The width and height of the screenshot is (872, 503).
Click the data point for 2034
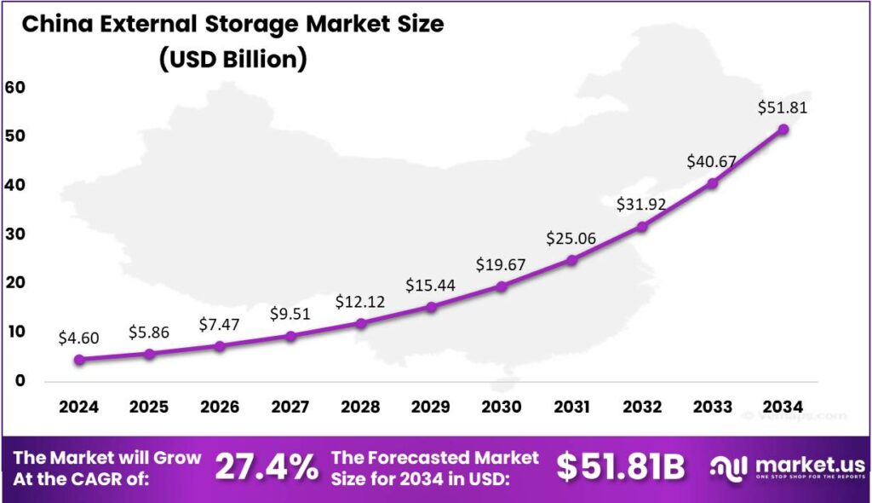(783, 129)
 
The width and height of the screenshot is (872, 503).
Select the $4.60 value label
(78, 338)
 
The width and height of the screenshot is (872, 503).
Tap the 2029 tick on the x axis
(431, 407)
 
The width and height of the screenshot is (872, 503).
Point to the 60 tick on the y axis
(15, 87)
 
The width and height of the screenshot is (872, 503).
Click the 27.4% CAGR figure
(267, 467)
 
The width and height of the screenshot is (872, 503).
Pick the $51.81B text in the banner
(621, 467)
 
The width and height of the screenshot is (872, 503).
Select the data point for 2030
(502, 286)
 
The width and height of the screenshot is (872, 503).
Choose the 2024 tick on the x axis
(79, 407)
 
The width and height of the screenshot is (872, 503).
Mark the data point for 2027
(290, 336)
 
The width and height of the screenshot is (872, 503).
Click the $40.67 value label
(713, 163)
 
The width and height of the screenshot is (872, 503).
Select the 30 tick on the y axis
(15, 234)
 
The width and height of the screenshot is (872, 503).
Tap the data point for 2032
(642, 227)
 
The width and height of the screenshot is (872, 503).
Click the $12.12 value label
(361, 303)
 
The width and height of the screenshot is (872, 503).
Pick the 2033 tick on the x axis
(713, 407)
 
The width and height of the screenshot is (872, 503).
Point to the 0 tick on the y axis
(19, 380)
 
